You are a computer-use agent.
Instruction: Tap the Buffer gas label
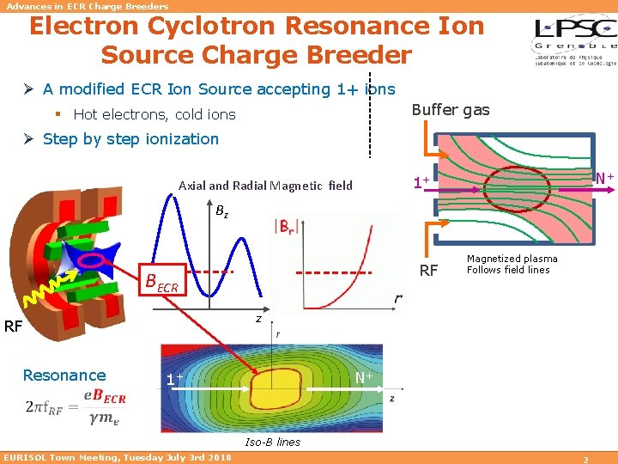coord(451,109)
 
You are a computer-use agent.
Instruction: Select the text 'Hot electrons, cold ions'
coord(154,114)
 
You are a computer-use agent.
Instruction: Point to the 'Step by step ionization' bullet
coord(130,139)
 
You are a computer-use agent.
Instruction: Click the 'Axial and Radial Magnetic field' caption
coord(265,186)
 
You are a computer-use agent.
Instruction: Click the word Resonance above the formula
coord(64,375)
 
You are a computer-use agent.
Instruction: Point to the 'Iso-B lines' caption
coord(273,442)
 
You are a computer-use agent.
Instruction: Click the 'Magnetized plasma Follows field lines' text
coord(512,264)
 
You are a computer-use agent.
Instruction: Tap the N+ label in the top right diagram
coord(604,178)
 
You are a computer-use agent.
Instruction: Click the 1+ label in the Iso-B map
coord(174,379)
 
